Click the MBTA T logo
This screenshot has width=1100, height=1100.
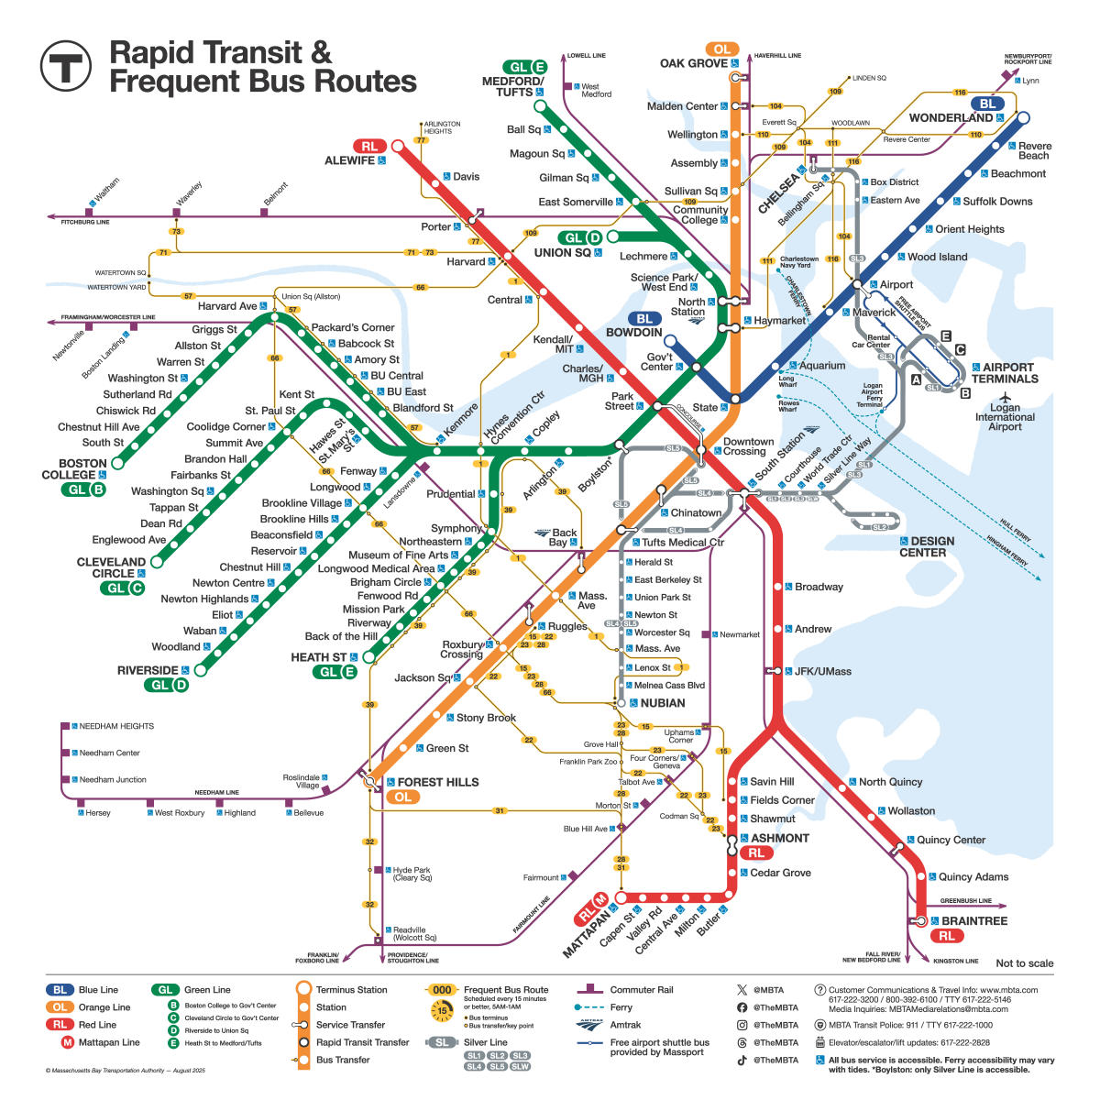pos(66,66)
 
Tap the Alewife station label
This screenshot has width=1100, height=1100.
pos(349,160)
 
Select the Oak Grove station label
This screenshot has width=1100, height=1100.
pos(694,63)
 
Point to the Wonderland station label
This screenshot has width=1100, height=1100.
pos(951,118)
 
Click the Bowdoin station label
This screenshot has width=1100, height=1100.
pos(633,332)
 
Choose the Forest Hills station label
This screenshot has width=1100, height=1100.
pos(437,782)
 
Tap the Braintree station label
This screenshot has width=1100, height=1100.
pos(973,920)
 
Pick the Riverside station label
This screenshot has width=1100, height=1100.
pos(148,670)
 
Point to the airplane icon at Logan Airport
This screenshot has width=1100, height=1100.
pos(1006,397)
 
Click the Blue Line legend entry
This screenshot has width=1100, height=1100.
pos(98,990)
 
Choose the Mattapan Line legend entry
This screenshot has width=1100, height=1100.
pos(108,1042)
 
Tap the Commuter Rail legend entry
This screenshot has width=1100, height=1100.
pos(641,990)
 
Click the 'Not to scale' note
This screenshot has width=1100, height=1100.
pos(1024,963)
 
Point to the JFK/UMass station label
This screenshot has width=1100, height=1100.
pos(822,671)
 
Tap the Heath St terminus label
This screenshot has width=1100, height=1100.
pos(318,657)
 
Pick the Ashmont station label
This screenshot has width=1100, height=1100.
pos(780,838)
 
